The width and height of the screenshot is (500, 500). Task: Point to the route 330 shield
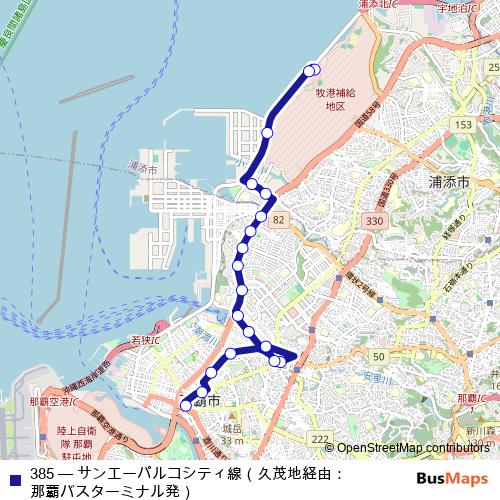click(x=374, y=220)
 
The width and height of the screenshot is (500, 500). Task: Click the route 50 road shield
click(x=378, y=357)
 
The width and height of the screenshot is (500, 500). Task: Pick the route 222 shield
click(x=319, y=440)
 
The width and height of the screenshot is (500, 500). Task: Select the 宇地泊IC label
click(x=469, y=8)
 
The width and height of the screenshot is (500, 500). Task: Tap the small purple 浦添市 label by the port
click(x=143, y=171)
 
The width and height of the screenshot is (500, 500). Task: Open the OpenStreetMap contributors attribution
click(x=412, y=448)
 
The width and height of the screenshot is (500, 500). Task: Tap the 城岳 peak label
click(x=232, y=429)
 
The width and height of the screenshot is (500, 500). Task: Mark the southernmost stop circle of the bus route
click(x=185, y=406)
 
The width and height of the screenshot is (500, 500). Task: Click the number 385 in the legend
click(x=42, y=472)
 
